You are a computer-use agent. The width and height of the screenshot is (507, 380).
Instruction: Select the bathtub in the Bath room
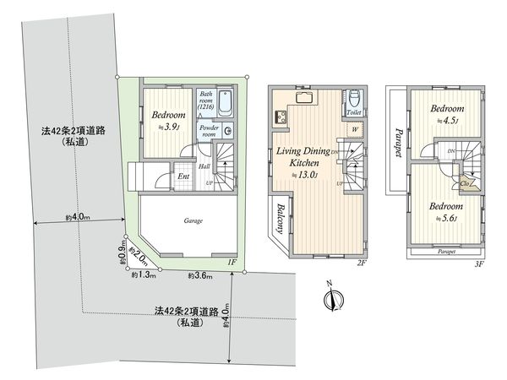point(224,108)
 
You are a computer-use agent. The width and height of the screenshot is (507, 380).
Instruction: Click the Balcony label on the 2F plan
point(281,223)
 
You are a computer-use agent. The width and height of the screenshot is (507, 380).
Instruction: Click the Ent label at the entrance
point(183,176)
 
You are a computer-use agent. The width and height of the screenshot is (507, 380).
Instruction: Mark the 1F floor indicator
point(231,263)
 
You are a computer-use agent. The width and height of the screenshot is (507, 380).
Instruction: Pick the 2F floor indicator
point(359,263)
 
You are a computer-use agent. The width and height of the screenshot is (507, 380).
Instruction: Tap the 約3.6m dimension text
point(201,275)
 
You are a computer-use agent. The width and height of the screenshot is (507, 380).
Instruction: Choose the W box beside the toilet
point(356,129)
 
